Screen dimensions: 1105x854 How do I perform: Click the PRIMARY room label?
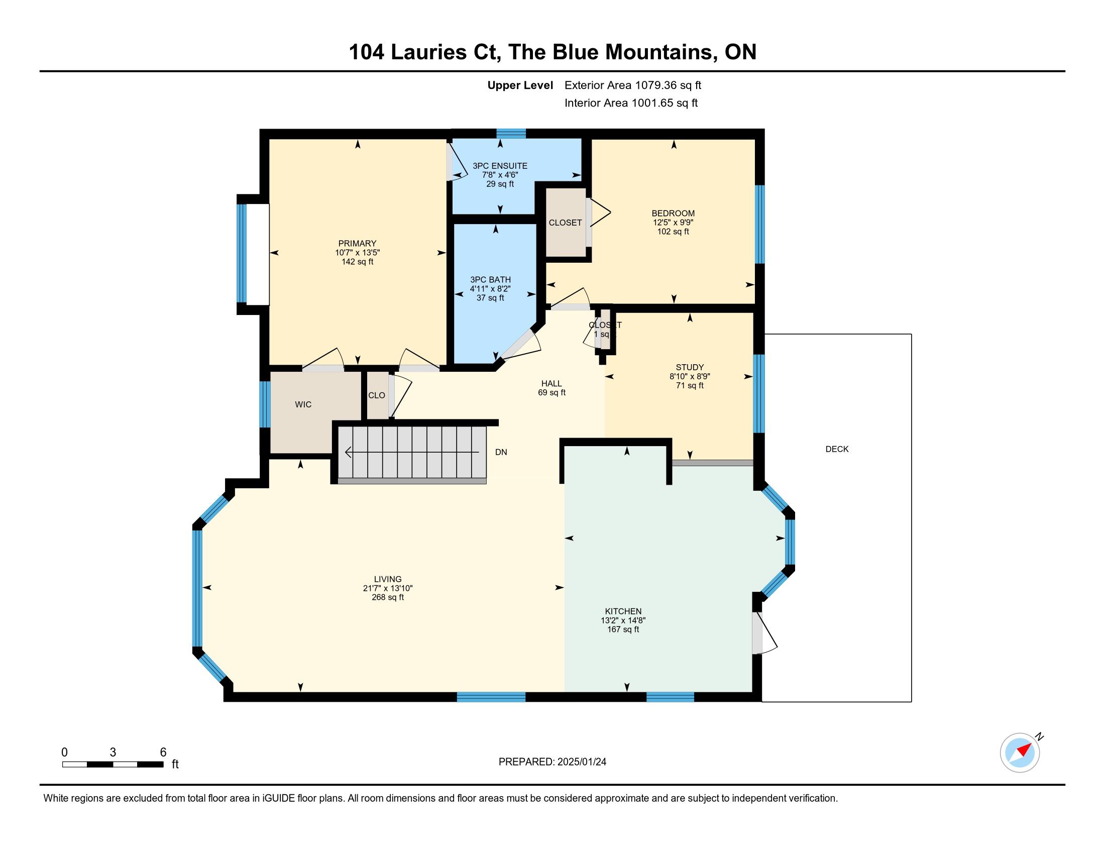(357, 243)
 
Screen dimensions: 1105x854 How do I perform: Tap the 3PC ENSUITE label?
(500, 166)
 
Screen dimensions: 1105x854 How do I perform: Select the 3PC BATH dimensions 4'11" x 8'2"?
(490, 289)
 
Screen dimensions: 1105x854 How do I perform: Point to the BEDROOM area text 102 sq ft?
(673, 232)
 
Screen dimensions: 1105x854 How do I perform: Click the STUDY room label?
(690, 367)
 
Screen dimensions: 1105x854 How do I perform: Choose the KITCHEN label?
(623, 611)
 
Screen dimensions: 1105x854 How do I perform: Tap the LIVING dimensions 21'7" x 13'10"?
(388, 588)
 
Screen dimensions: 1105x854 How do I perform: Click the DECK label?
(837, 449)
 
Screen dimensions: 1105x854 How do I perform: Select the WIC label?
(303, 405)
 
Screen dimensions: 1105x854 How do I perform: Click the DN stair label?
(501, 452)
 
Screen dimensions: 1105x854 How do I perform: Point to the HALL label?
(551, 383)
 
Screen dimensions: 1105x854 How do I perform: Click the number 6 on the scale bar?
(163, 753)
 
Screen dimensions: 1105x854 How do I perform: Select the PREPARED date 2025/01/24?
(581, 762)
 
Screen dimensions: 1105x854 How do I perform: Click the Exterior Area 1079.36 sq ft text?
(633, 85)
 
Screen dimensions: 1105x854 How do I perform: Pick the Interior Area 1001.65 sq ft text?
(631, 103)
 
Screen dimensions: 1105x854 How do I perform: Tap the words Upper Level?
(520, 85)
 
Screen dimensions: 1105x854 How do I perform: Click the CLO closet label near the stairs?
(376, 396)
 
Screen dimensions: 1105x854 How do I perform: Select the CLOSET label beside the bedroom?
(565, 223)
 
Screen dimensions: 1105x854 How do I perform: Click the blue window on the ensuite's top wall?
(511, 134)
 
